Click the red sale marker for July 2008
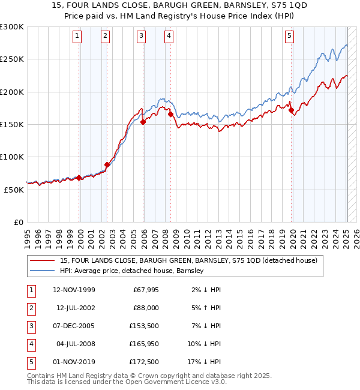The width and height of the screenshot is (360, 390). [170, 114]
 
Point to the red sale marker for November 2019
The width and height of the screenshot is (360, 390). [291, 110]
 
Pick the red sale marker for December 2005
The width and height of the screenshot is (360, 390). [143, 122]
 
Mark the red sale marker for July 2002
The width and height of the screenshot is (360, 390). [107, 164]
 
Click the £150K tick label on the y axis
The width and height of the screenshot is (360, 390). [12, 124]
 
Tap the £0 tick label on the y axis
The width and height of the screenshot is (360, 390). [18, 222]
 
